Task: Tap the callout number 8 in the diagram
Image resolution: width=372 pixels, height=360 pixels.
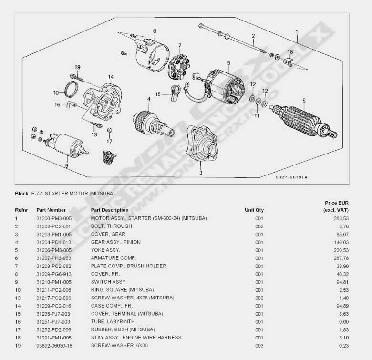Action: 155,31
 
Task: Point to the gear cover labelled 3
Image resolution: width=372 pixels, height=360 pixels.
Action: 202,143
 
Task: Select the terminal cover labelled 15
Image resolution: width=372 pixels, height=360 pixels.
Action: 175,93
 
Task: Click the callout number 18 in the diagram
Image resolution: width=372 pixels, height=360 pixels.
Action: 290,52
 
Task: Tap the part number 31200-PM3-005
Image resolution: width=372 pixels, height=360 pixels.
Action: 54,218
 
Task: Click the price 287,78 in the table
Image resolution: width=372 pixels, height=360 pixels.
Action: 341,258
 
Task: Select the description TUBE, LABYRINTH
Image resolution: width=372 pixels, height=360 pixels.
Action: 113,321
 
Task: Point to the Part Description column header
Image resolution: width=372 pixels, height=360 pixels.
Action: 110,210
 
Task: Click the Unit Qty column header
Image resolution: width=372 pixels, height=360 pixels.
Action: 254,210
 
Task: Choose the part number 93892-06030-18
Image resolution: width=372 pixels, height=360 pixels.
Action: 54,346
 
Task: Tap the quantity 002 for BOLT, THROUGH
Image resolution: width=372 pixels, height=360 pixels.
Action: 259,226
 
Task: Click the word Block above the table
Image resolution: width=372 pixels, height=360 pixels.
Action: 21,194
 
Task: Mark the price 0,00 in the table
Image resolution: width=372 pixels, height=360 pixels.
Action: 344,322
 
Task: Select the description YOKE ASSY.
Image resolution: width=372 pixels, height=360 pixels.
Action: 105,250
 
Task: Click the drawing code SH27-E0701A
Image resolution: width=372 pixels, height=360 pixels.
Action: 291,177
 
